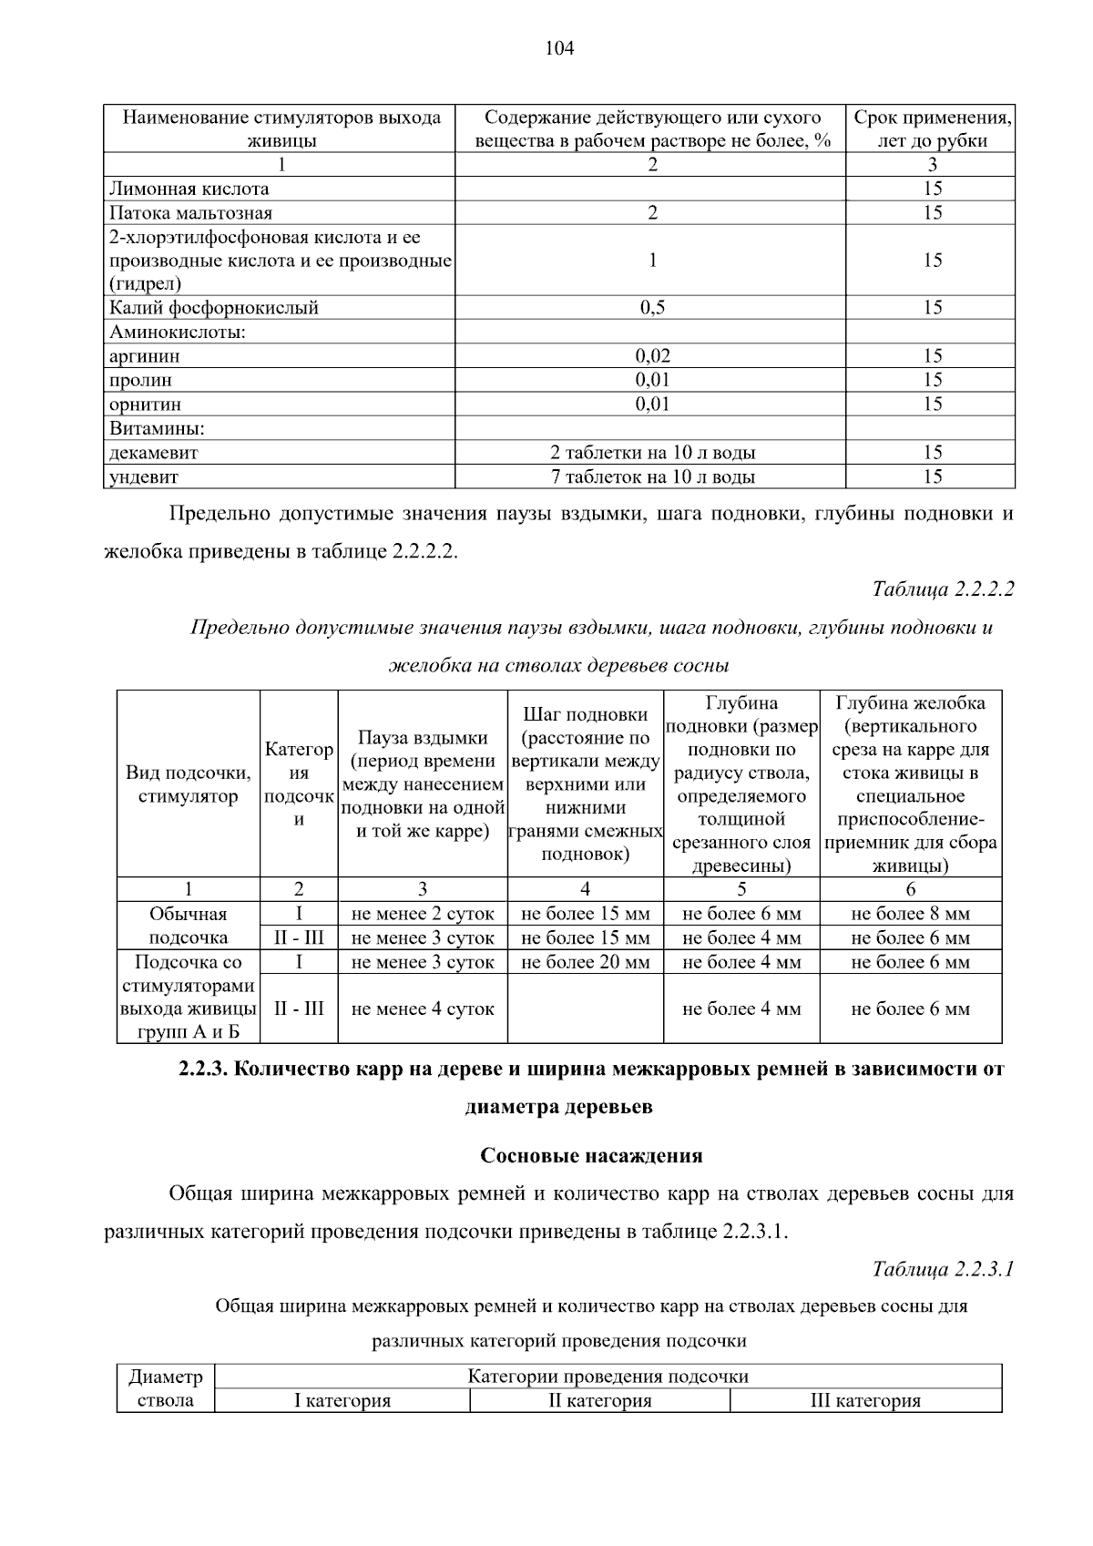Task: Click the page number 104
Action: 559,49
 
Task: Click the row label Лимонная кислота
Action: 189,189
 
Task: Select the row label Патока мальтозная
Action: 191,213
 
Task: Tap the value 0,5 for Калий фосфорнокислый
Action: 652,308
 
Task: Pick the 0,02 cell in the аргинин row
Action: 652,356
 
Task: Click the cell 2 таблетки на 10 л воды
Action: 652,453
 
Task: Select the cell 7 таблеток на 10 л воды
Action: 652,476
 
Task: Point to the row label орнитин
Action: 146,404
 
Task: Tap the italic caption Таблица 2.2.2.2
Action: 943,589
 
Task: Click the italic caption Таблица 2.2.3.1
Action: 943,1269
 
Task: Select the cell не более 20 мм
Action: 586,962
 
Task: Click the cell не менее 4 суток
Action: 423,1009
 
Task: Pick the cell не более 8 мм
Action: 910,914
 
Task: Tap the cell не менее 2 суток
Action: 423,914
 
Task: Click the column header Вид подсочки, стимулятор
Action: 189,784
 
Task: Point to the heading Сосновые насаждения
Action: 591,1156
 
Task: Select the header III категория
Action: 865,1401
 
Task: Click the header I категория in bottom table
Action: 342,1401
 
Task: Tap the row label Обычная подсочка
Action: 189,926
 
